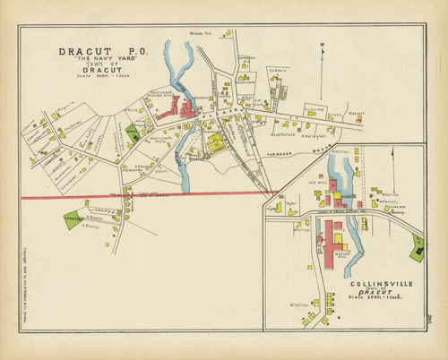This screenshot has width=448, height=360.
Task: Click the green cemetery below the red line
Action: tap(73, 219)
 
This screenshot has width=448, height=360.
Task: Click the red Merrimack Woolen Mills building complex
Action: tap(179, 112)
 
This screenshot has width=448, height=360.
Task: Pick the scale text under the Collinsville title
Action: tap(373, 297)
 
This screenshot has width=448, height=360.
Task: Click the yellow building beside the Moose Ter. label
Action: tap(228, 33)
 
